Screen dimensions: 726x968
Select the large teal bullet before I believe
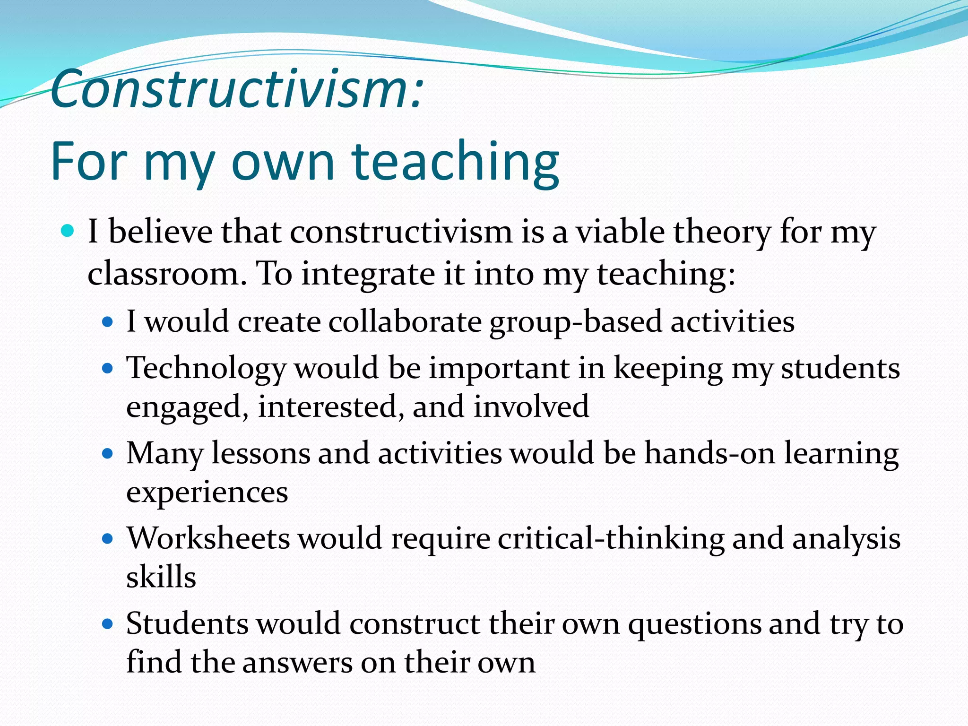pyautogui.click(x=68, y=231)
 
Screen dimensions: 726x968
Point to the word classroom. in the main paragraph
pyautogui.click(x=167, y=274)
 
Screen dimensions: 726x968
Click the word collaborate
pyautogui.click(x=405, y=322)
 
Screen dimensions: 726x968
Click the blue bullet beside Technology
pyautogui.click(x=108, y=368)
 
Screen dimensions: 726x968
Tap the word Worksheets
pyautogui.click(x=208, y=538)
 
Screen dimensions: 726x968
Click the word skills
pyautogui.click(x=161, y=577)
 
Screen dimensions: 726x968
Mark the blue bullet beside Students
pyautogui.click(x=108, y=624)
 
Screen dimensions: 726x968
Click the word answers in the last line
pyautogui.click(x=297, y=663)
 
